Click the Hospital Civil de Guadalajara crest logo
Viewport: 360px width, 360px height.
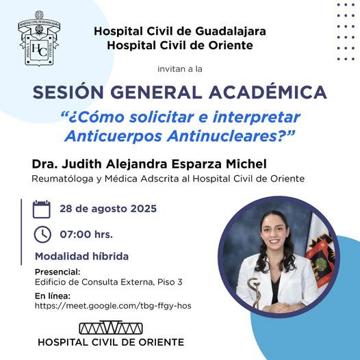[39, 38]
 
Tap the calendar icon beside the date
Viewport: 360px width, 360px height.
[42, 209]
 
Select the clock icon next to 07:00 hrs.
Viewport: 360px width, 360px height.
[42, 235]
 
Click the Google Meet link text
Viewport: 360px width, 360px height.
[113, 306]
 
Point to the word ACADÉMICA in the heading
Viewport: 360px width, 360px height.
[268, 92]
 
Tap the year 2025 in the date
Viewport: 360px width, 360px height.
[144, 209]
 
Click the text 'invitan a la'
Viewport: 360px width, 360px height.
[180, 69]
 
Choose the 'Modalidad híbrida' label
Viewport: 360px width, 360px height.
[81, 256]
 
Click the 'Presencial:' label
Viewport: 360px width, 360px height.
[57, 272]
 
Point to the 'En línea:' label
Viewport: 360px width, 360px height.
[53, 296]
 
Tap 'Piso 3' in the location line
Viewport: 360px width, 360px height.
[170, 282]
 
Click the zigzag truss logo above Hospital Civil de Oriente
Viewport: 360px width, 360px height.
[111, 327]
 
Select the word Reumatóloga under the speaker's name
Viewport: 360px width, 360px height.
[62, 179]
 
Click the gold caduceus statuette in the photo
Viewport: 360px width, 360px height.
[255, 292]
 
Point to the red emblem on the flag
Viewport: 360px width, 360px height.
[320, 261]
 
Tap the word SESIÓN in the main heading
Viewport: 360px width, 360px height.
[68, 92]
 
